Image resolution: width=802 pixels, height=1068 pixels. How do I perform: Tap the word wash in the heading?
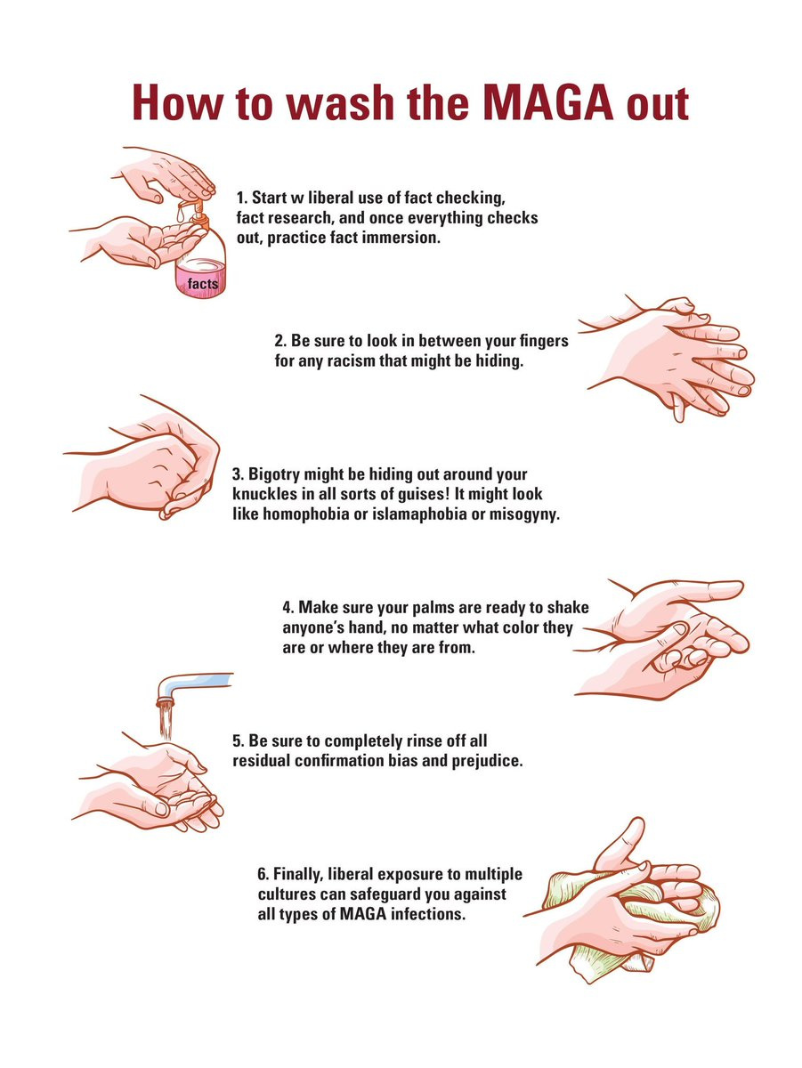pos(339,103)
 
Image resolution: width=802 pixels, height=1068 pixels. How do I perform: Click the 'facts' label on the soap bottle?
pos(202,284)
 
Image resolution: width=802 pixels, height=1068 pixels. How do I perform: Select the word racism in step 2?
pos(352,361)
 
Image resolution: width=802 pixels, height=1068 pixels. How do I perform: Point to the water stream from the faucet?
pos(166,723)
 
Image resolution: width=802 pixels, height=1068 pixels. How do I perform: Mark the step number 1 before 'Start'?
pos(242,198)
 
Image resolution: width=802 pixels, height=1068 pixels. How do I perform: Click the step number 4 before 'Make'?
pos(288,608)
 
